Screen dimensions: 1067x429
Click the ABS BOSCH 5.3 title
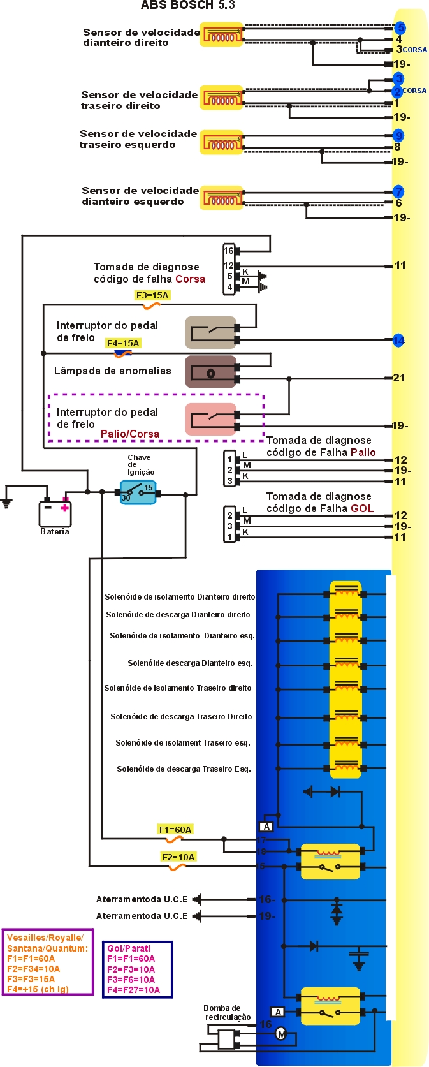[187, 6]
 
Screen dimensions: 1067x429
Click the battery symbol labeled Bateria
[55, 512]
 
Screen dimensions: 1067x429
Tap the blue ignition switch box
[138, 492]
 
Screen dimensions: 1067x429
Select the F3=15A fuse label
[152, 295]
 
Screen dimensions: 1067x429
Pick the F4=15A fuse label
[123, 343]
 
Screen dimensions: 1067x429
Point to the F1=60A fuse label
[175, 829]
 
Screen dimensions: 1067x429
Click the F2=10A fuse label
[178, 857]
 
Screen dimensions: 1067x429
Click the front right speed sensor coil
[222, 35]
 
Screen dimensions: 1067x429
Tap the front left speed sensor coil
[222, 198]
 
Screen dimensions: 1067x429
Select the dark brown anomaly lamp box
[210, 372]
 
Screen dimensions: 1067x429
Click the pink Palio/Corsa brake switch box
[210, 419]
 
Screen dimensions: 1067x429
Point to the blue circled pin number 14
[398, 341]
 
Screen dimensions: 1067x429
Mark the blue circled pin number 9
[398, 135]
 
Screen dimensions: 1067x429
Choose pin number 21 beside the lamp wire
[399, 378]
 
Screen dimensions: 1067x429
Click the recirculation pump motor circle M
[280, 1034]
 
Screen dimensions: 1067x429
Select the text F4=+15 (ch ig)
[38, 989]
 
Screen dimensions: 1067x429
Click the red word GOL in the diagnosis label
[362, 508]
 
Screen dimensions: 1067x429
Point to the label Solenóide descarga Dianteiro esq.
[190, 663]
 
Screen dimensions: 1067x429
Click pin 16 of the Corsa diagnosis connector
[228, 251]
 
